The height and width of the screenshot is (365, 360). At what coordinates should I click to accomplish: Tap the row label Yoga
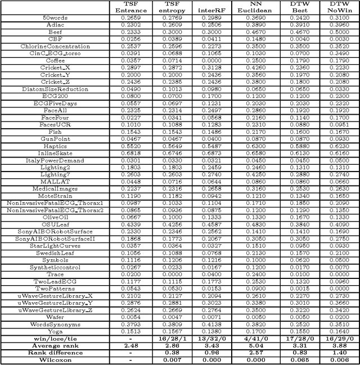(x=55, y=332)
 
